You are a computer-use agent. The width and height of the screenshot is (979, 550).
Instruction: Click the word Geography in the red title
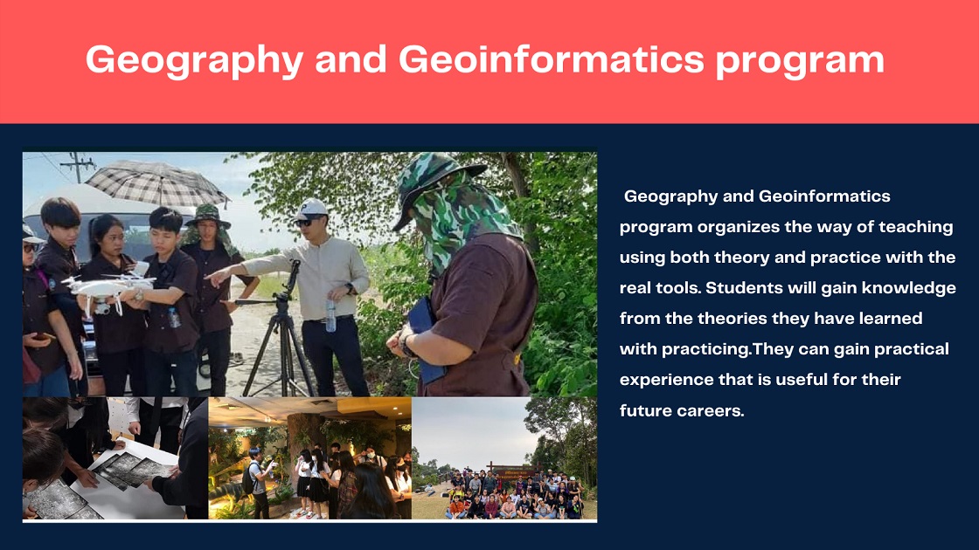(x=194, y=61)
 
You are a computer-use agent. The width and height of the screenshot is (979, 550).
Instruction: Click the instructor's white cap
(x=311, y=209)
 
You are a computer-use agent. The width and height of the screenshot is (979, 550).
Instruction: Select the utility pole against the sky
(x=78, y=167)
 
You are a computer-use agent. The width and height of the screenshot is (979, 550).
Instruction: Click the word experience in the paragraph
(x=667, y=381)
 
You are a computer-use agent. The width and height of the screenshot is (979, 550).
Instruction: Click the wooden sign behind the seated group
(x=510, y=471)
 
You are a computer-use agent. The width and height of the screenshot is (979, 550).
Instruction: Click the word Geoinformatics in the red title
(x=552, y=60)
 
